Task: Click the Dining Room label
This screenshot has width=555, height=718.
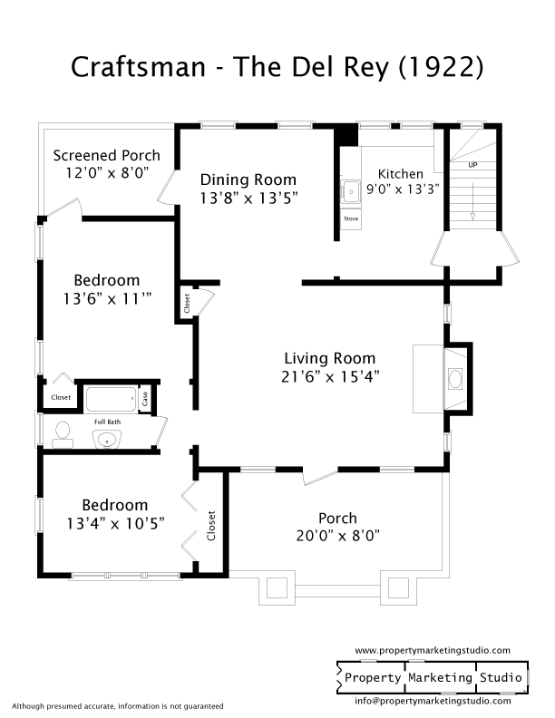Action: click(248, 179)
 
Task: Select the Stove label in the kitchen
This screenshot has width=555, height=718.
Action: click(351, 218)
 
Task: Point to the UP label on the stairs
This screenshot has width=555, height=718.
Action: click(472, 165)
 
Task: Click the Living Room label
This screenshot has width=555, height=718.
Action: click(329, 358)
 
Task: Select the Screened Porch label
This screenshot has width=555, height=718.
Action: click(106, 155)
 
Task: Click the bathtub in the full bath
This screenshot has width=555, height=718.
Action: click(111, 398)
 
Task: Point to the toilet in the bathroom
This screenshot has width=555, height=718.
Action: click(63, 433)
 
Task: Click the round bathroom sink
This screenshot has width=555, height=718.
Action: click(107, 440)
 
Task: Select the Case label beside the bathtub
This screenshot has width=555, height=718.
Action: click(144, 397)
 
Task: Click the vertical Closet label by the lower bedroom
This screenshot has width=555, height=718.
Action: click(212, 526)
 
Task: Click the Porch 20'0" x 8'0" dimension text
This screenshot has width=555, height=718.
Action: click(337, 535)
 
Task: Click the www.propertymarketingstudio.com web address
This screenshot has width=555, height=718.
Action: click(433, 651)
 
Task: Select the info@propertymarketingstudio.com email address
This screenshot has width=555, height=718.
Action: click(432, 700)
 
